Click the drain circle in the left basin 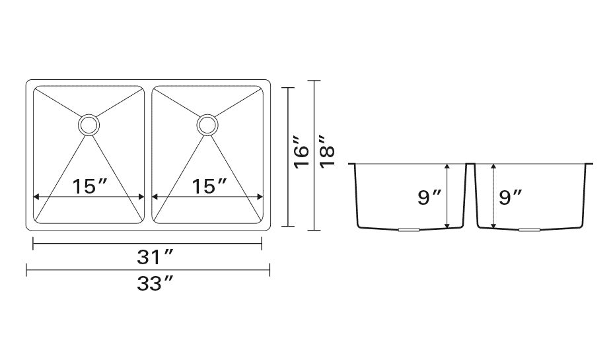89,116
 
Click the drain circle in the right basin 207,116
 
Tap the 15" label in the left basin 89,186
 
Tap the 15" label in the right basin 209,186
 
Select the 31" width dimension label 155,257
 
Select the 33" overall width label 155,283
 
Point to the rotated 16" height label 301,153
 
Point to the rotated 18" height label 327,152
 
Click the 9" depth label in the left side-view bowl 429,198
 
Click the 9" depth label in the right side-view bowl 510,198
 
